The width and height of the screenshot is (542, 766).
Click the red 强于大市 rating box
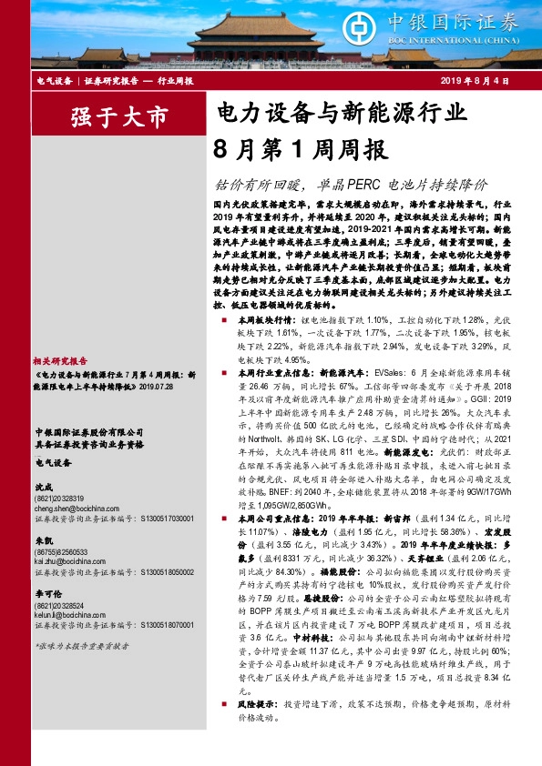(107, 116)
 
